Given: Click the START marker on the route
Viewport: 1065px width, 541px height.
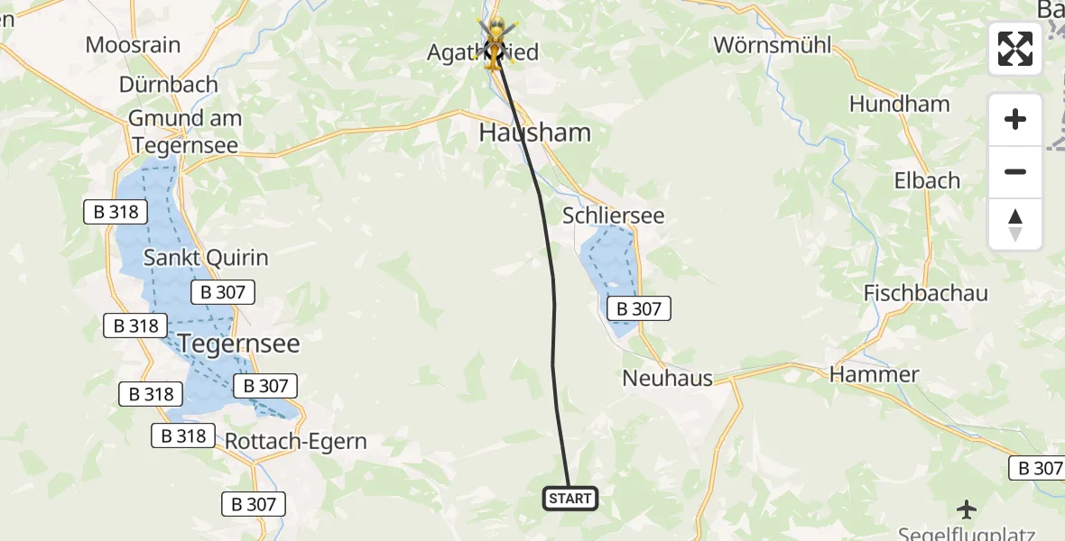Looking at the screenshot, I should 570,498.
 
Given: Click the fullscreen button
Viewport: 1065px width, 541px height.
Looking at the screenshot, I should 1015,49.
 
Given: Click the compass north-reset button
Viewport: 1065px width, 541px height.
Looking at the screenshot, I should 1015,225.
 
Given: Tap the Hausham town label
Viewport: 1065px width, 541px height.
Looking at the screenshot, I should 534,133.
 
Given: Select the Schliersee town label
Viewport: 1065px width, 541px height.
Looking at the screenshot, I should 613,215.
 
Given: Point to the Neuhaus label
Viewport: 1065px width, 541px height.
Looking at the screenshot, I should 667,379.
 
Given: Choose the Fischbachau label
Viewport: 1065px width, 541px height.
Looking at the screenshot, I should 925,293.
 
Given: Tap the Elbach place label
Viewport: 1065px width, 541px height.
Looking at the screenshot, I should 926,180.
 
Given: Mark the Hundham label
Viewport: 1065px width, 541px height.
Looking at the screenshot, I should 899,104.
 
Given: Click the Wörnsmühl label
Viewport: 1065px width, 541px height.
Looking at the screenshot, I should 772,44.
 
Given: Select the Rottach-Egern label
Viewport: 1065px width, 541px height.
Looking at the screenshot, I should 296,442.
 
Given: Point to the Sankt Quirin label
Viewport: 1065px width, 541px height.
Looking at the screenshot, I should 207,258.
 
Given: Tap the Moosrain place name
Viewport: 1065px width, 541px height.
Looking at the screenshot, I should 133,44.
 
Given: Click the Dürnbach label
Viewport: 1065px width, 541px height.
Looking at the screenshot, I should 169,85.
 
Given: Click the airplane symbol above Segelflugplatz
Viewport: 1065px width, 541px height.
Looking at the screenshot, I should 967,509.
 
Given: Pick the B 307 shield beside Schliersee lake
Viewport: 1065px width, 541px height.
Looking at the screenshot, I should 639,309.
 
